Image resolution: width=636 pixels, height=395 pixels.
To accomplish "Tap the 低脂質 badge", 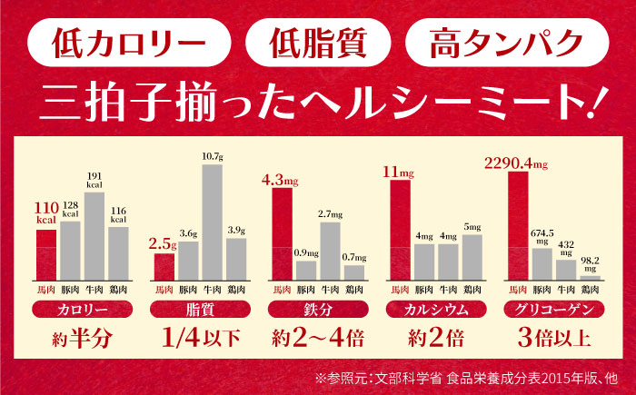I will coord(318,42).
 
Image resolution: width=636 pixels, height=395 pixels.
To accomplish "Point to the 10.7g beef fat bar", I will coord(212,222).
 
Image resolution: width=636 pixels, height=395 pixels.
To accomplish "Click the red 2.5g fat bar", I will coord(164,267).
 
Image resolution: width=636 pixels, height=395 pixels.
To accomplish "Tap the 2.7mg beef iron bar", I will coord(330,252).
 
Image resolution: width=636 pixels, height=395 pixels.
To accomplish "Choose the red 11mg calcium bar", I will coord(399,231).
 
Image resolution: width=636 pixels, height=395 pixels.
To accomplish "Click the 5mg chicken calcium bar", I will coord(471,258).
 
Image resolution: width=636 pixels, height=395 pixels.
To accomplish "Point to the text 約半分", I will coord(82,341).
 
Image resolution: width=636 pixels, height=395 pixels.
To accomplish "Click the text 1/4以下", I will coord(200,341).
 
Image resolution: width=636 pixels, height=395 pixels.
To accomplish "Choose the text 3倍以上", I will coord(553,341).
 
